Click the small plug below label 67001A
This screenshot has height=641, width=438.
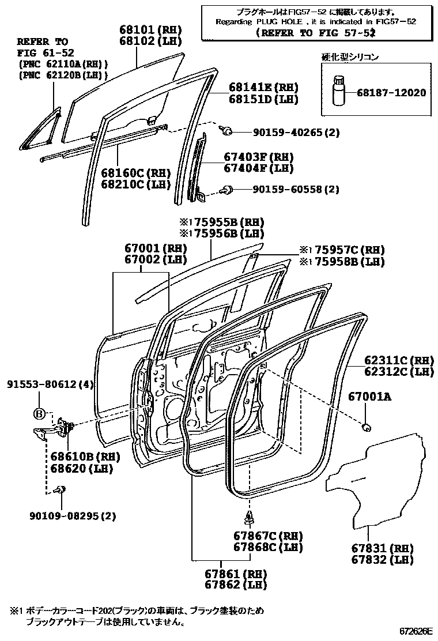point(365,427)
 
